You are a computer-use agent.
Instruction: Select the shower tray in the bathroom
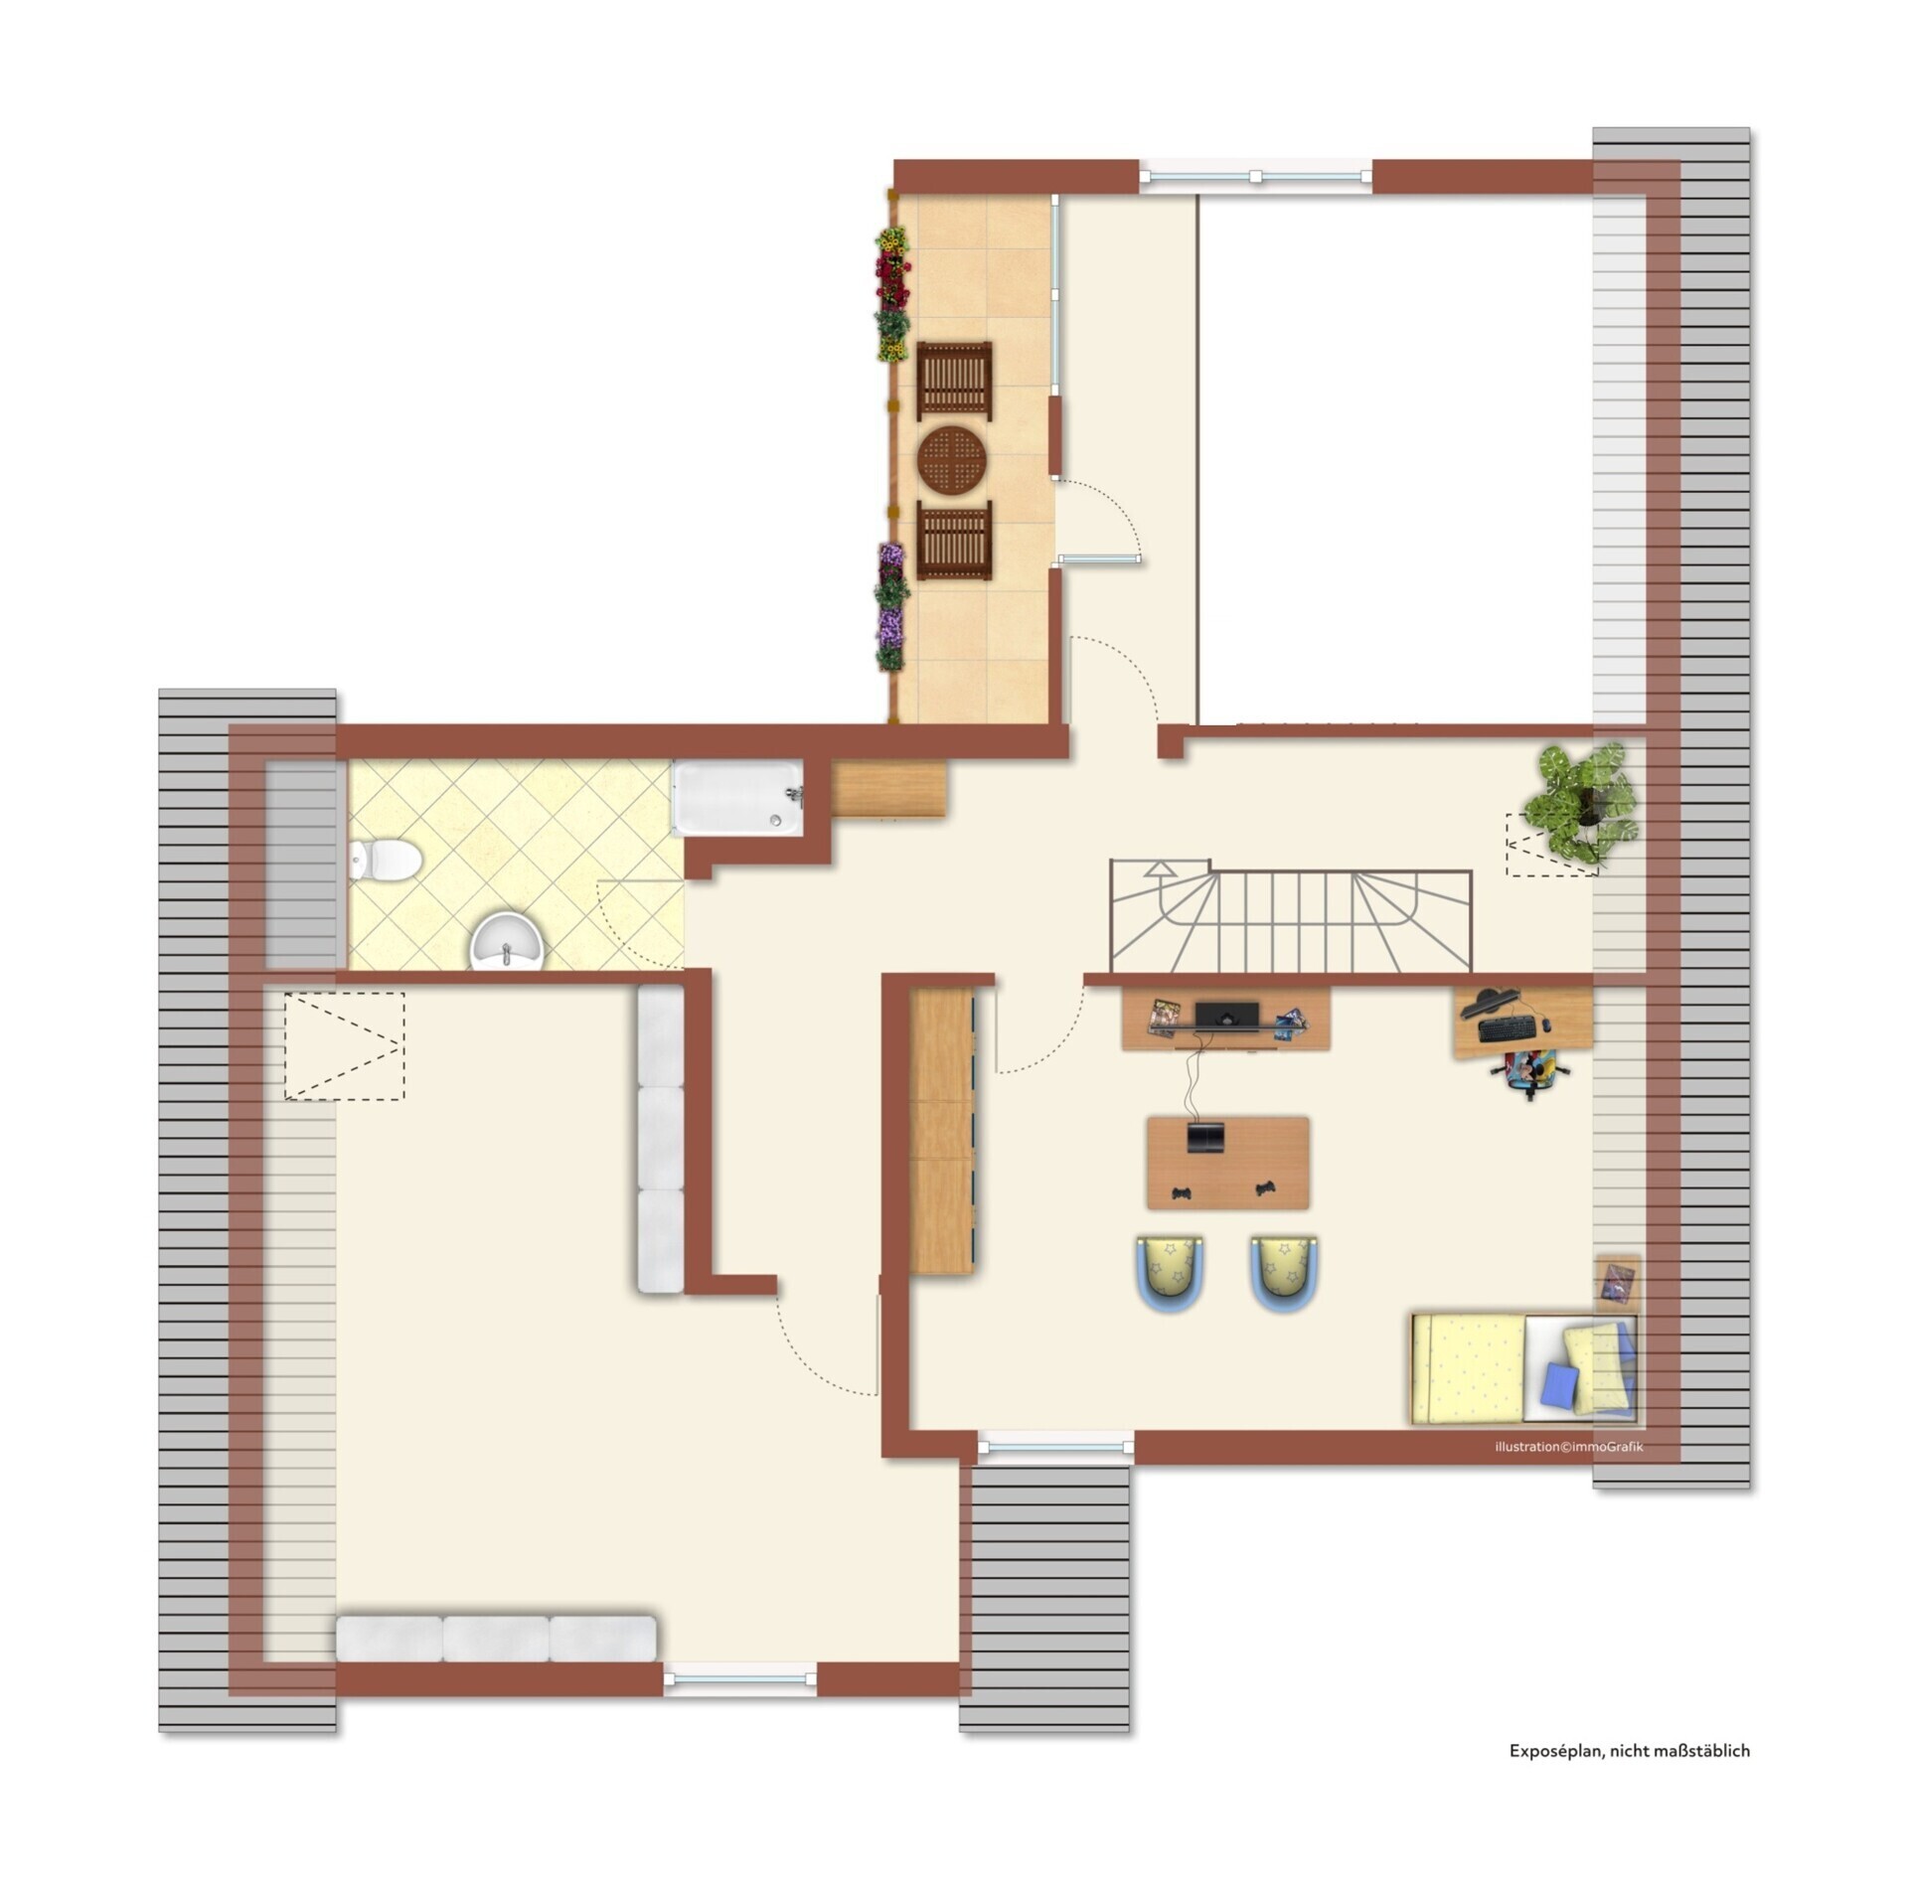(737, 797)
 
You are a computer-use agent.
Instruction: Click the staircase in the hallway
(1291, 917)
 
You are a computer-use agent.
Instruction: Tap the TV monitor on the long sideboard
(1227, 1016)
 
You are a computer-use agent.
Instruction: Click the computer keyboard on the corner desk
(1507, 1030)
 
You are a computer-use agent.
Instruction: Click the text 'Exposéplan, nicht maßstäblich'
(1629, 1751)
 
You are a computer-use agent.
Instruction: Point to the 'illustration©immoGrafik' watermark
(1568, 1447)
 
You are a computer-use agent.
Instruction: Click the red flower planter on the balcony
(892, 268)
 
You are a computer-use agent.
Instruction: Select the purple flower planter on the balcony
(891, 605)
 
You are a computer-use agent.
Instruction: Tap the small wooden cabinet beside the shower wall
(888, 789)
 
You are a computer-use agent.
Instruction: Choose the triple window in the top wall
(1255, 176)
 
